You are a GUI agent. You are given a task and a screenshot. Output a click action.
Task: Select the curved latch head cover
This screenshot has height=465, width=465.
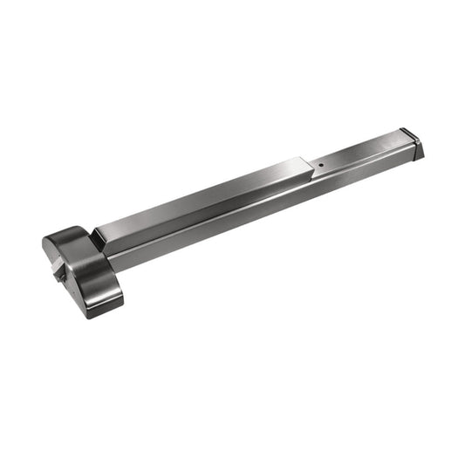point(83,266)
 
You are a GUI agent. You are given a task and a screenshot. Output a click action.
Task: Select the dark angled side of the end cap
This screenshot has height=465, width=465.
point(417,151)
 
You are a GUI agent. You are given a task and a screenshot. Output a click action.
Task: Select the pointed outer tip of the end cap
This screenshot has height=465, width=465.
point(424,155)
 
